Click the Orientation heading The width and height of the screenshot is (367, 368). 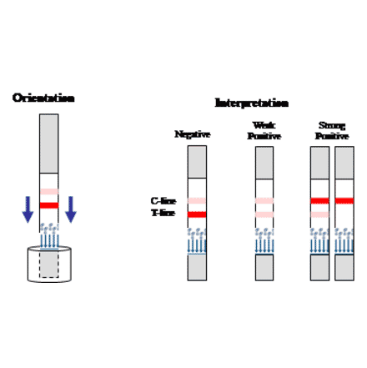(x=43, y=98)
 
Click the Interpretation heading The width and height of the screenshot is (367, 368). (x=251, y=103)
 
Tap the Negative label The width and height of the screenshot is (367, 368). (x=193, y=134)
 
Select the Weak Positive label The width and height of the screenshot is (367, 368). (x=264, y=131)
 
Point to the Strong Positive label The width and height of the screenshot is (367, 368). (x=331, y=131)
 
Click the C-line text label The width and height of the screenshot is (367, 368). (x=163, y=201)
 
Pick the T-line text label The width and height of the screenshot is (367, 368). (x=163, y=213)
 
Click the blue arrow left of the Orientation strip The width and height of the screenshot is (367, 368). (x=28, y=209)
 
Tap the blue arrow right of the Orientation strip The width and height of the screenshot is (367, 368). (x=71, y=209)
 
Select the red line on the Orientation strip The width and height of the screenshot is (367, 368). (x=49, y=204)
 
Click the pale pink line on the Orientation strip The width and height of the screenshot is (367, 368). (x=49, y=192)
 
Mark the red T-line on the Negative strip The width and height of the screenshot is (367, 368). (x=197, y=214)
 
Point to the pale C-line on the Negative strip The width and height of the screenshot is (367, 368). (x=197, y=201)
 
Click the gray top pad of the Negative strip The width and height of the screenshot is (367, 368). (x=197, y=162)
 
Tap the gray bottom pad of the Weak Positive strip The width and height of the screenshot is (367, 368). (x=264, y=267)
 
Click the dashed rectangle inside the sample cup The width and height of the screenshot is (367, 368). (x=49, y=264)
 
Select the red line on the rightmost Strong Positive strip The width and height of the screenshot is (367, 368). (x=344, y=201)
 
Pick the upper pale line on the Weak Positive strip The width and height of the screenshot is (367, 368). (x=264, y=201)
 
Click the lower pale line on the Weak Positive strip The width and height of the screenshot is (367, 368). (x=264, y=214)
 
